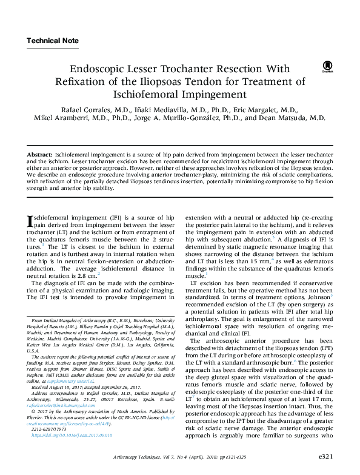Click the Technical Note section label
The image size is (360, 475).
[53, 41]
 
